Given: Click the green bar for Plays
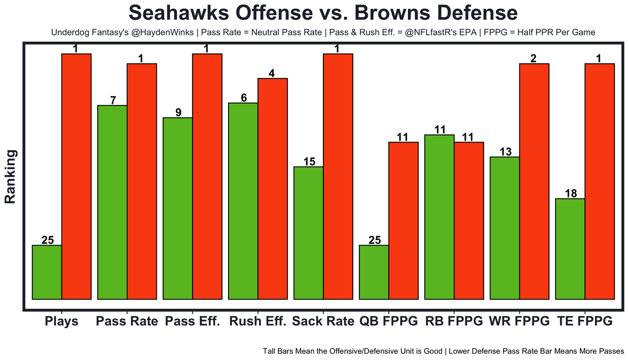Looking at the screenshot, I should pos(47,272).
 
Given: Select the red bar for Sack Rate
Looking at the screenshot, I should pos(338,176).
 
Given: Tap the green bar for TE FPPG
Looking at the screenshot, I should pos(570,249).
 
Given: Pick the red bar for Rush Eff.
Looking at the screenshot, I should pos(272,189).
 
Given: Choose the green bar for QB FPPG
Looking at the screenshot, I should pos(374,272).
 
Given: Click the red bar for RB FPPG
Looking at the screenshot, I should pos(469,221).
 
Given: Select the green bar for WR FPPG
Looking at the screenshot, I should pos(505,228).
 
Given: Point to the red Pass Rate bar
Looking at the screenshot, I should pos(142,181).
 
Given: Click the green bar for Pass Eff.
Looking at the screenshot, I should pos(177,208).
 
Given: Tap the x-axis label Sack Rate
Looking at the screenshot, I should pos(323,322).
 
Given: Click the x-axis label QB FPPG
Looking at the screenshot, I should pos(388,322).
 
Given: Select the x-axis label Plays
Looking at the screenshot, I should pos(61,322).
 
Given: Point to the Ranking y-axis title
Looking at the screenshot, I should pos(10,177).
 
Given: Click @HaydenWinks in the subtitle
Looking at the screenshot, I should pos(154,33).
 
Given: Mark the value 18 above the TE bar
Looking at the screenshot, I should pos(571,194).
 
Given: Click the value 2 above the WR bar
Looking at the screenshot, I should pos(533,58).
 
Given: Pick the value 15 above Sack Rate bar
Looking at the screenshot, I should pos(309,162).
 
